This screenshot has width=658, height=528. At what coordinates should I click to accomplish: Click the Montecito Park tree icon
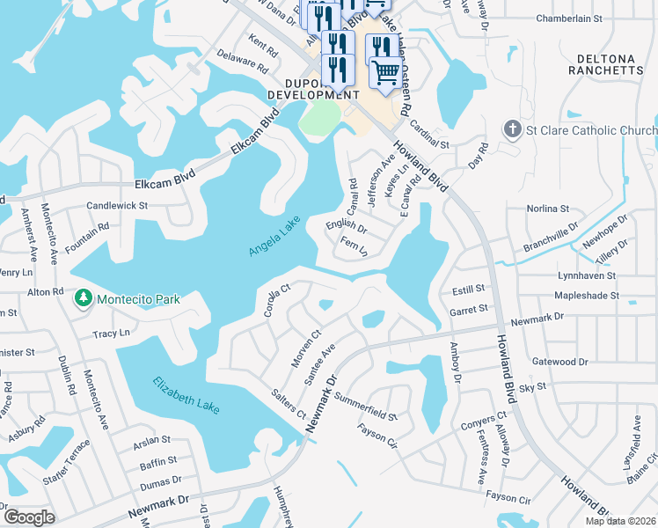[84, 299]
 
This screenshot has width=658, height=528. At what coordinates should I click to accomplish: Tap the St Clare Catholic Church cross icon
[513, 130]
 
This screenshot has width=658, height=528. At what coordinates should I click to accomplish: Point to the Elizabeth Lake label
[186, 396]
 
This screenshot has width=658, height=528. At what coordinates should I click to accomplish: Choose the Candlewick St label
[117, 205]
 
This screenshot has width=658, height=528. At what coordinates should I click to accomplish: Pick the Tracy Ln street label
[112, 334]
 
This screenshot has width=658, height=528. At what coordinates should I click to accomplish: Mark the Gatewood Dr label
[559, 362]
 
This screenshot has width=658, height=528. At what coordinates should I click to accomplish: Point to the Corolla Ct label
[277, 300]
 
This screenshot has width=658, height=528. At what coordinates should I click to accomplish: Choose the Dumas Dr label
[159, 480]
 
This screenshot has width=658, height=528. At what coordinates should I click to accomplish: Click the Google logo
[29, 517]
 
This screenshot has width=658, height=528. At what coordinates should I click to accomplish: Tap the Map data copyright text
[621, 521]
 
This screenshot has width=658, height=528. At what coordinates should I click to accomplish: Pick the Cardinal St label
[429, 134]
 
